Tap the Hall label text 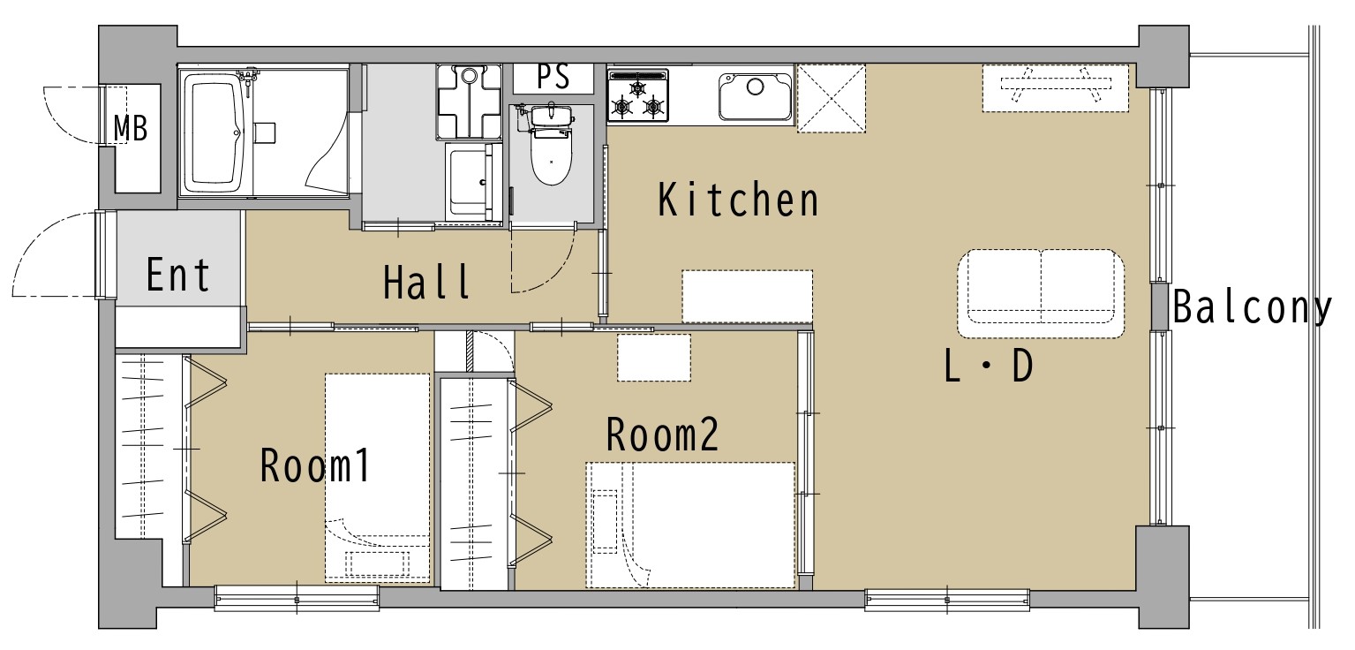tap(427, 282)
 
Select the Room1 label tap(315, 465)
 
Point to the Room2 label tap(662, 434)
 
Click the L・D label tap(989, 367)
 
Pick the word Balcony tap(1253, 307)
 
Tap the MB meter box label tap(131, 128)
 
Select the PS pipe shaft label tap(553, 78)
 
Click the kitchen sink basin tap(756, 97)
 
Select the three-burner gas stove tap(638, 96)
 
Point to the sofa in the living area tap(1041, 293)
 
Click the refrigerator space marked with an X tap(832, 98)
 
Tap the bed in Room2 tap(690, 525)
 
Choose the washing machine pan tap(469, 102)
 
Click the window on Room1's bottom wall tap(297, 599)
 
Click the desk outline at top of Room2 tap(654, 357)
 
